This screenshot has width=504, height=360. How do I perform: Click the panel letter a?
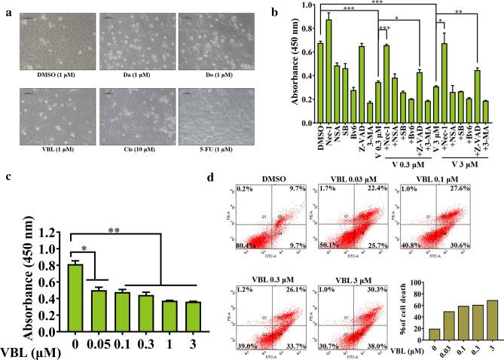point(7,12)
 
